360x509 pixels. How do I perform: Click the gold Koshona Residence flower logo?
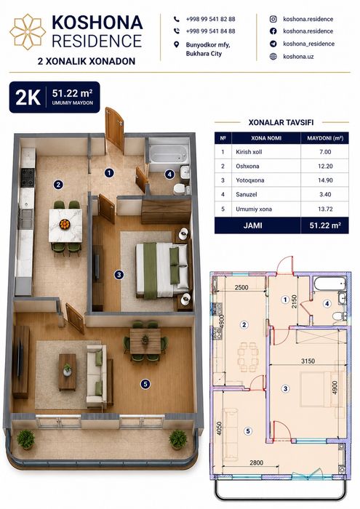[28, 32]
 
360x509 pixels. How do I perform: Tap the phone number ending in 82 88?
[210, 19]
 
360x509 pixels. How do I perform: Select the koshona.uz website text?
[298, 57]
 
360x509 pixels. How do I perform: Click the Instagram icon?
[273, 19]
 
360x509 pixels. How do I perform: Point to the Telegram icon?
[273, 44]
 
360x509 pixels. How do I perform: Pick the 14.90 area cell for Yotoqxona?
[325, 180]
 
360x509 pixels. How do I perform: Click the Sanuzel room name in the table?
[247, 194]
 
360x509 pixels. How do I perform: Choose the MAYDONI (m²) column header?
[325, 138]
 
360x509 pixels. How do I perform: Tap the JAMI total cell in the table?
[252, 225]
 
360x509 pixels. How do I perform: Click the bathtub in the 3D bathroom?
[168, 153]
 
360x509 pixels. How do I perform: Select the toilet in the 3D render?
[180, 189]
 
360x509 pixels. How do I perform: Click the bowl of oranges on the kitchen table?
[65, 224]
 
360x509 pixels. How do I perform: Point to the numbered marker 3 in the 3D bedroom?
[119, 275]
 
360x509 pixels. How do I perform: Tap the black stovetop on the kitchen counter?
[28, 177]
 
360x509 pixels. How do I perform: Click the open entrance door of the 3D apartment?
[115, 128]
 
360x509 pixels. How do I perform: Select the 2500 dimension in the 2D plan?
[241, 287]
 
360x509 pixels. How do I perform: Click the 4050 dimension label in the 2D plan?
[220, 428]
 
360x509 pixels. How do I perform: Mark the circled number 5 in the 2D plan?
[248, 431]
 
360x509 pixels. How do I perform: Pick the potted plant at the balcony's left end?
[25, 439]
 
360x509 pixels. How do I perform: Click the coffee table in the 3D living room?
[68, 372]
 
